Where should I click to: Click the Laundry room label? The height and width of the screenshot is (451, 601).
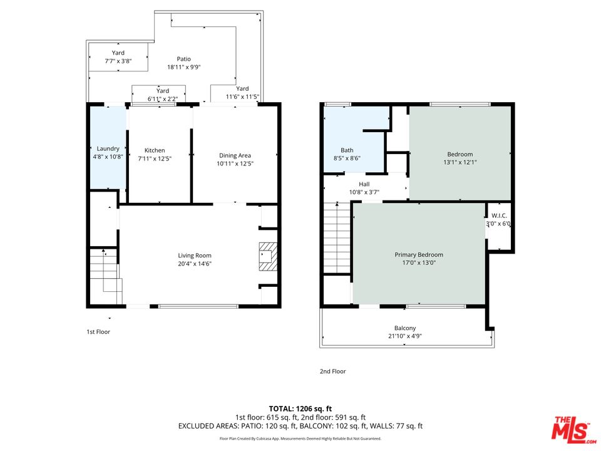tap(108, 148)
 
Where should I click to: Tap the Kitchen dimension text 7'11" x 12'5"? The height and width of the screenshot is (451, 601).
tap(155, 158)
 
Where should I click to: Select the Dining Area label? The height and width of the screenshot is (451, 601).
tap(235, 155)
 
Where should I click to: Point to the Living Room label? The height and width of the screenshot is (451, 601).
tap(195, 256)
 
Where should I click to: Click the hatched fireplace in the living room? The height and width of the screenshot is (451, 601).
tap(268, 257)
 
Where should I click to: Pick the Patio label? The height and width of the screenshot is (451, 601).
tap(184, 59)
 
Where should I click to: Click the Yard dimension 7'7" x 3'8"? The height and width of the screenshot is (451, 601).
tap(118, 61)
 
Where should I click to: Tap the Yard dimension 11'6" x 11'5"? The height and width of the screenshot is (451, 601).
tap(243, 96)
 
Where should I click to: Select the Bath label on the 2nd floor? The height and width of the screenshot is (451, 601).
tap(347, 150)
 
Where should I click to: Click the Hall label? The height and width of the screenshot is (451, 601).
tap(364, 184)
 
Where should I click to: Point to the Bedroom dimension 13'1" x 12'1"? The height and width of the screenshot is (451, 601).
tap(460, 162)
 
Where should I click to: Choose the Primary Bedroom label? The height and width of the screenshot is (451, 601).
tap(419, 255)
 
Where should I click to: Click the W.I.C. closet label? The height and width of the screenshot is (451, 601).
tap(499, 216)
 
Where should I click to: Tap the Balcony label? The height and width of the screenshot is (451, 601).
tap(405, 328)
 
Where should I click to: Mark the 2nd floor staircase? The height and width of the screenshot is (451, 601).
tap(337, 238)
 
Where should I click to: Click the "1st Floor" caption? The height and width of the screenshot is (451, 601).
tap(98, 332)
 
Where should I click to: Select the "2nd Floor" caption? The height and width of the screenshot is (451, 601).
tap(332, 371)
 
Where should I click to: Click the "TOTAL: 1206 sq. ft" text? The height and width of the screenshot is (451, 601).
tap(300, 409)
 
